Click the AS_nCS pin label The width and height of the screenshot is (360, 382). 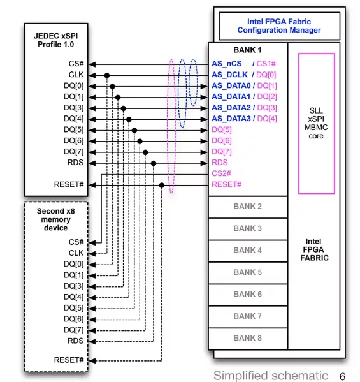tap(227, 64)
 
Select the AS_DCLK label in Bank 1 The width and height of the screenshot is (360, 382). tap(229, 75)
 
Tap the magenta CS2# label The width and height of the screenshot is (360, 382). tap(221, 173)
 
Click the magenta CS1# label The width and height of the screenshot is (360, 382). tap(266, 64)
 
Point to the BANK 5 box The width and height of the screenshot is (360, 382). tap(248, 273)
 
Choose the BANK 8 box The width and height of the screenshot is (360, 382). tap(248, 339)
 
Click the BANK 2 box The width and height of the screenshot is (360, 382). tap(248, 207)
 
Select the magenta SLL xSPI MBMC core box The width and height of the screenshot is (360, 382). tap(317, 124)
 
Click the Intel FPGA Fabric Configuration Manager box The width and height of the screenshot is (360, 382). tap(280, 26)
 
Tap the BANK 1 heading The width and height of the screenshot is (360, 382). tap(247, 50)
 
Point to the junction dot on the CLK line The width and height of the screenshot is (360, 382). tap(107, 75)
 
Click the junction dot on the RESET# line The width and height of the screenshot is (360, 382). tap(162, 186)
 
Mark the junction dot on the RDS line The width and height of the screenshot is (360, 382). tap(154, 163)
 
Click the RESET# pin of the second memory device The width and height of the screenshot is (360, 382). tap(69, 360)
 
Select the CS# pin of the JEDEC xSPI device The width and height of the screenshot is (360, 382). tap(76, 64)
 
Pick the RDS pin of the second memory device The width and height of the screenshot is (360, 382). tap(75, 341)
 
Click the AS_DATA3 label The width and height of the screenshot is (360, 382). tap(231, 119)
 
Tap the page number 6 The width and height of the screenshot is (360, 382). tap(342, 376)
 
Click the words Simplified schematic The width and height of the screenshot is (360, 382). tap(271, 376)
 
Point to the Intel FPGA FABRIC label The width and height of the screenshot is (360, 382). tap(314, 250)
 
